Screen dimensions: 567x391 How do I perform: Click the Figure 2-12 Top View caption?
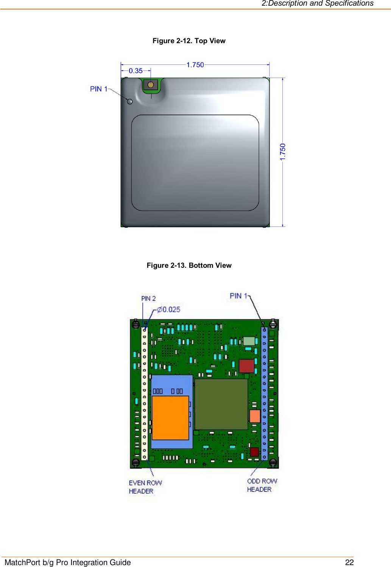(x=189, y=41)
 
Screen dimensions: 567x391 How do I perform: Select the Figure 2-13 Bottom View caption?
(x=189, y=266)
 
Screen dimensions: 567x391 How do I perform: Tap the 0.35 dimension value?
(x=136, y=71)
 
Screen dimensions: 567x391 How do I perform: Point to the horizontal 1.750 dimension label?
(x=195, y=65)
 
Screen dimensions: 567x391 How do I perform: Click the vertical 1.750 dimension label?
(x=283, y=152)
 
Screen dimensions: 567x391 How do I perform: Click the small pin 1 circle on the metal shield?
(x=130, y=102)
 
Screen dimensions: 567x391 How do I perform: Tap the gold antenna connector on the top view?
(x=151, y=85)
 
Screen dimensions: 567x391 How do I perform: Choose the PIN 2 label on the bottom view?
(x=148, y=298)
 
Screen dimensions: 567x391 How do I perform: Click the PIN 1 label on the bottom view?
(x=238, y=296)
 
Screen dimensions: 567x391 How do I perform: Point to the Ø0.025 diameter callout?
(x=169, y=309)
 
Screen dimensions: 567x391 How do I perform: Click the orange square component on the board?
(x=170, y=417)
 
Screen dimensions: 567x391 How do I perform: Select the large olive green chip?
(x=221, y=404)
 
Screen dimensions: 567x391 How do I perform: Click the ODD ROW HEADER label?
(x=262, y=485)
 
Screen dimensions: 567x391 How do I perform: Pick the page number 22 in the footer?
(x=349, y=562)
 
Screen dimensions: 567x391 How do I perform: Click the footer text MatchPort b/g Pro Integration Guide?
(x=68, y=562)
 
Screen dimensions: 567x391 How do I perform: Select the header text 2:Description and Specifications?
(x=317, y=3)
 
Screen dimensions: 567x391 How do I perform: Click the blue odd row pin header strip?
(x=264, y=394)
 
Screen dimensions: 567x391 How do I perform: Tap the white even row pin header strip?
(x=144, y=394)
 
